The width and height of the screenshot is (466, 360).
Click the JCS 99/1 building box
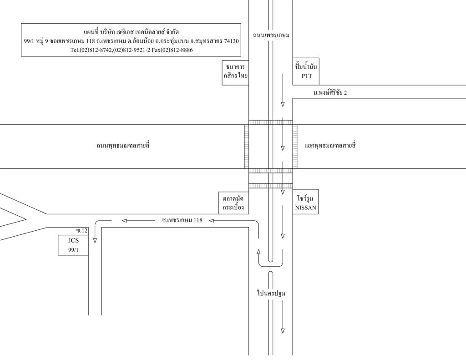coord(73,245)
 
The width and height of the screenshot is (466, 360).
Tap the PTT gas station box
coord(306,71)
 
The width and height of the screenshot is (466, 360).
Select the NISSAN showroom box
coord(305,202)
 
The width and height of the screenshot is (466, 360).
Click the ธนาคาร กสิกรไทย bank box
coord(235,72)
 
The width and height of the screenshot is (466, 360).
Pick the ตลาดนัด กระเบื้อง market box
coord(233,202)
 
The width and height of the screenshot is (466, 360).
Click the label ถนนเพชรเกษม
coord(271,35)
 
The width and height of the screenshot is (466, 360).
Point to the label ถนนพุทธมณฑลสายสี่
coord(123,146)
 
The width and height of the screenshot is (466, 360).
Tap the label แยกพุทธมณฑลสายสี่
coord(330,146)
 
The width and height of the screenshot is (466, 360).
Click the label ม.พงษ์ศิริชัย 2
coord(330,92)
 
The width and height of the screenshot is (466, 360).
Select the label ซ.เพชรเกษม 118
coord(182,220)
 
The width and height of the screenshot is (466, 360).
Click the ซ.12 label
coord(82,231)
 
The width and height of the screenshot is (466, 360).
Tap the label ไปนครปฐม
coord(271,294)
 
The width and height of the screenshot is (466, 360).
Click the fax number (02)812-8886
coord(172,50)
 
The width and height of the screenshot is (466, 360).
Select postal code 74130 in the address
coord(232,41)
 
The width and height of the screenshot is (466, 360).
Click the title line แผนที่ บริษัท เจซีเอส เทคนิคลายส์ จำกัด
coord(131,32)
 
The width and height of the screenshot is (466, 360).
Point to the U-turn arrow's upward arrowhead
coord(258,252)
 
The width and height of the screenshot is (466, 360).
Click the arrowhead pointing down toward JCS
coord(95,240)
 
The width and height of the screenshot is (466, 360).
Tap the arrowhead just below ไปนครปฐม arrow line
coord(283,331)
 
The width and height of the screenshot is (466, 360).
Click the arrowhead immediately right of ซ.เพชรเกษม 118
coord(212,221)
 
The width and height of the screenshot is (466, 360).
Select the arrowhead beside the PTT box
coord(283,104)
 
